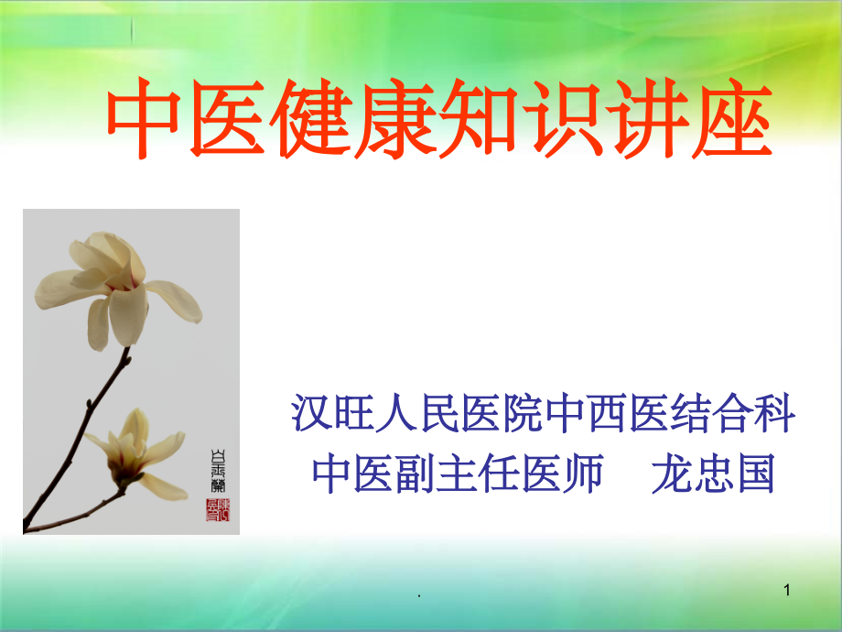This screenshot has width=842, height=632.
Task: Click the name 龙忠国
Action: [x=713, y=474]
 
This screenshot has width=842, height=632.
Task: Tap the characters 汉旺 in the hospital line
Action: [x=333, y=414]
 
